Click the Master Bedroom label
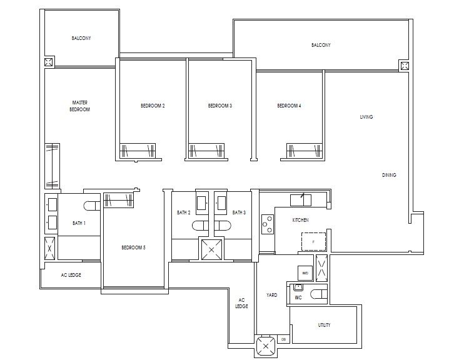(79, 106)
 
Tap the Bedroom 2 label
(153, 106)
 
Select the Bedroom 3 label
(220, 106)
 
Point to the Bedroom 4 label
(289, 106)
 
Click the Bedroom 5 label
(133, 248)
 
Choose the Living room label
(366, 117)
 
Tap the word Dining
(389, 175)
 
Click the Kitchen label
(300, 220)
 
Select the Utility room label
(324, 325)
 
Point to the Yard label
(271, 295)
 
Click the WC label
(298, 298)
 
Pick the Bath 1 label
(79, 223)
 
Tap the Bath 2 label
(183, 213)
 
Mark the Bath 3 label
(239, 213)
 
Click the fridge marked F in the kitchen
(312, 241)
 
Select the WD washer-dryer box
(305, 273)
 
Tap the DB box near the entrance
(284, 339)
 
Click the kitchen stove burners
(267, 223)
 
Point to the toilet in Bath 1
(90, 206)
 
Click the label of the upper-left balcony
(81, 38)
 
